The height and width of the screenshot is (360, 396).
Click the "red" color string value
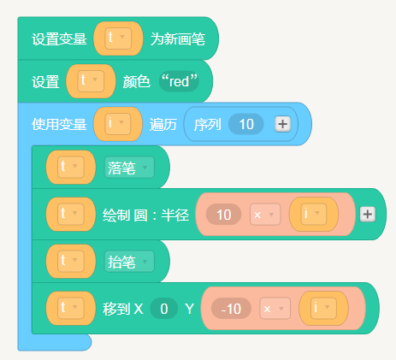179,81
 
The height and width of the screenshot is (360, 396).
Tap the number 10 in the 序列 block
246,124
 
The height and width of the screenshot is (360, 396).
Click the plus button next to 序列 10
283,124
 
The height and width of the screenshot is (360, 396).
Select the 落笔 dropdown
129,168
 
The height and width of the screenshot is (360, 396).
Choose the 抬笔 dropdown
129,262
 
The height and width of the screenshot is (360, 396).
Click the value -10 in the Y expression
231,309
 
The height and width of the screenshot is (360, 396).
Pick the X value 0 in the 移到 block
164,309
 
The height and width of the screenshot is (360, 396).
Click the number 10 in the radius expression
224,215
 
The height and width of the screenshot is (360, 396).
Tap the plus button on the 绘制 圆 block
368,215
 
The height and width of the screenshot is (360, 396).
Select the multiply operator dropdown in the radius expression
265,215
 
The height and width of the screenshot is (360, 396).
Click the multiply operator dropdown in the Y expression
275,309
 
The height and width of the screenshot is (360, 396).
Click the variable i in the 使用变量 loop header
118,124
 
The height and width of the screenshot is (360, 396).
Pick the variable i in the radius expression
314,214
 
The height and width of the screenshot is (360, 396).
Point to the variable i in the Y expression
323,308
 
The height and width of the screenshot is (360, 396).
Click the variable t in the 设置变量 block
118,38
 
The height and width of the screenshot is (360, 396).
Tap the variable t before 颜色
91,81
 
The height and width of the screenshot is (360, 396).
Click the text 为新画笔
178,39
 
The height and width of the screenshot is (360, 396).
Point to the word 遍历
163,125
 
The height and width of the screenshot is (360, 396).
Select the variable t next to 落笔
71,167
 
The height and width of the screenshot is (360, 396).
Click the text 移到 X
123,309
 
